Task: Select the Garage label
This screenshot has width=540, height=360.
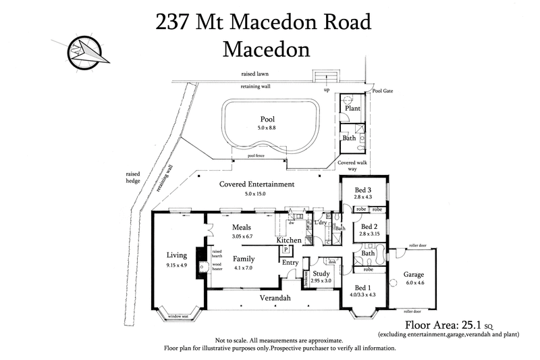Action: [x=414, y=276]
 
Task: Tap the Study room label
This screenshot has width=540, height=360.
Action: [x=321, y=273]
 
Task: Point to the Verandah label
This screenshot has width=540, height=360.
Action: [x=275, y=298]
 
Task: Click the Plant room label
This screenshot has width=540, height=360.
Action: [x=352, y=108]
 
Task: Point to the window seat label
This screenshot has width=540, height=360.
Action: [x=179, y=316]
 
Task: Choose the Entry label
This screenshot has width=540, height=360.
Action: [x=290, y=262]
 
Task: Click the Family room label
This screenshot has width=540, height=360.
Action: [x=244, y=259]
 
